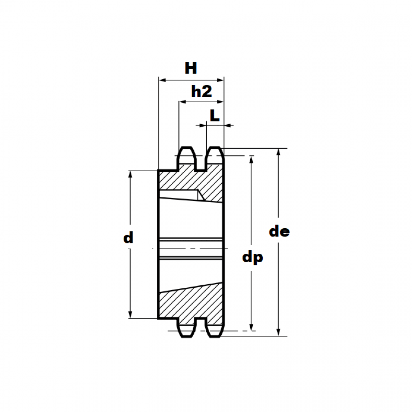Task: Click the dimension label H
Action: coord(191,69)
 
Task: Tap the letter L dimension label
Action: coord(215,116)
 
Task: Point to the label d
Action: coord(128,238)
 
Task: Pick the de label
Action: coord(279,232)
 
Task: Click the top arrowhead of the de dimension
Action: coord(278,152)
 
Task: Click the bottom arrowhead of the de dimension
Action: coord(278,332)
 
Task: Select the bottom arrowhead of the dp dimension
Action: coord(252,327)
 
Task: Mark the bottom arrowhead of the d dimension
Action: coord(130,314)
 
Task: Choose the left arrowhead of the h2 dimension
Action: coord(182,102)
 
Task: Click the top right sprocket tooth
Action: coord(215,156)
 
